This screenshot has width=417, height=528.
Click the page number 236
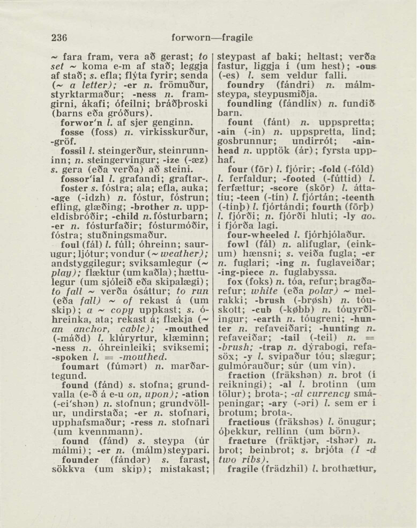[x=59, y=38]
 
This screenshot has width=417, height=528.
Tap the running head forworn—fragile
[x=212, y=38]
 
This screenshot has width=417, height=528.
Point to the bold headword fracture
[x=247, y=441]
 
